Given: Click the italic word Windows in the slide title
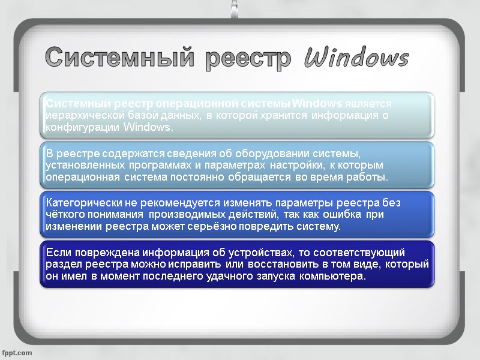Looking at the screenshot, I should click(x=356, y=59).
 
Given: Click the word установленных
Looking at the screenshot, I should click(x=82, y=165).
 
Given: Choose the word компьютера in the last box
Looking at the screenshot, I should click(x=333, y=277).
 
